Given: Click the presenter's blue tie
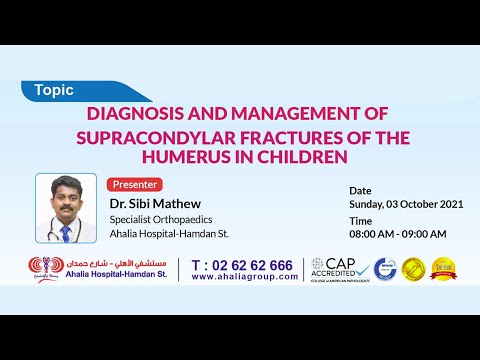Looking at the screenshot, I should tap(65, 233).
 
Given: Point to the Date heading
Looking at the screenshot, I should tap(360, 189).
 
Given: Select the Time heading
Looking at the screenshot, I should tap(360, 220).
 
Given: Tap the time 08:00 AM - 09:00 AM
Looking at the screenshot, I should tap(397, 234).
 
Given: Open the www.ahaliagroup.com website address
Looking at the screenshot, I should tap(244, 277).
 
